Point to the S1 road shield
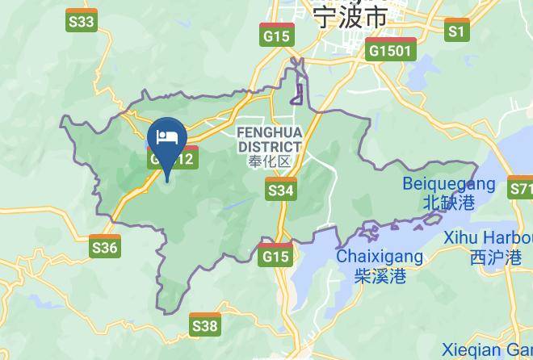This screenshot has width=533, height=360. pyautogui.click(x=457, y=31)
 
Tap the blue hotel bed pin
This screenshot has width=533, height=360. pyautogui.click(x=168, y=137)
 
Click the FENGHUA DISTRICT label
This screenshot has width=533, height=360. pyautogui.click(x=270, y=139)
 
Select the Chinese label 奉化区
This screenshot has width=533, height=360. pyautogui.click(x=270, y=161)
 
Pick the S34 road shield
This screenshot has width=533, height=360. pyautogui.click(x=280, y=190)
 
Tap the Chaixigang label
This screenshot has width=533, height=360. pyautogui.click(x=379, y=257)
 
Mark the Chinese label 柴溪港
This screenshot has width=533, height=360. pyautogui.click(x=379, y=276)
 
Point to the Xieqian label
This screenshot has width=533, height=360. pyautogui.click(x=485, y=350)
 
